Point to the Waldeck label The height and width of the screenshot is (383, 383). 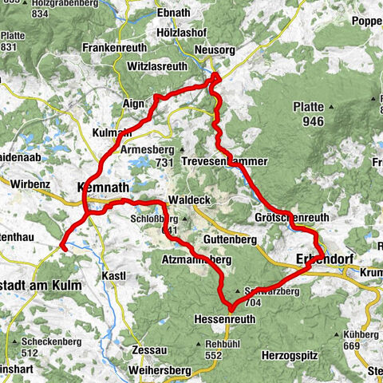pyautogui.click(x=188, y=201)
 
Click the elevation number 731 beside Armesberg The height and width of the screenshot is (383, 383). pyautogui.click(x=165, y=163)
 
